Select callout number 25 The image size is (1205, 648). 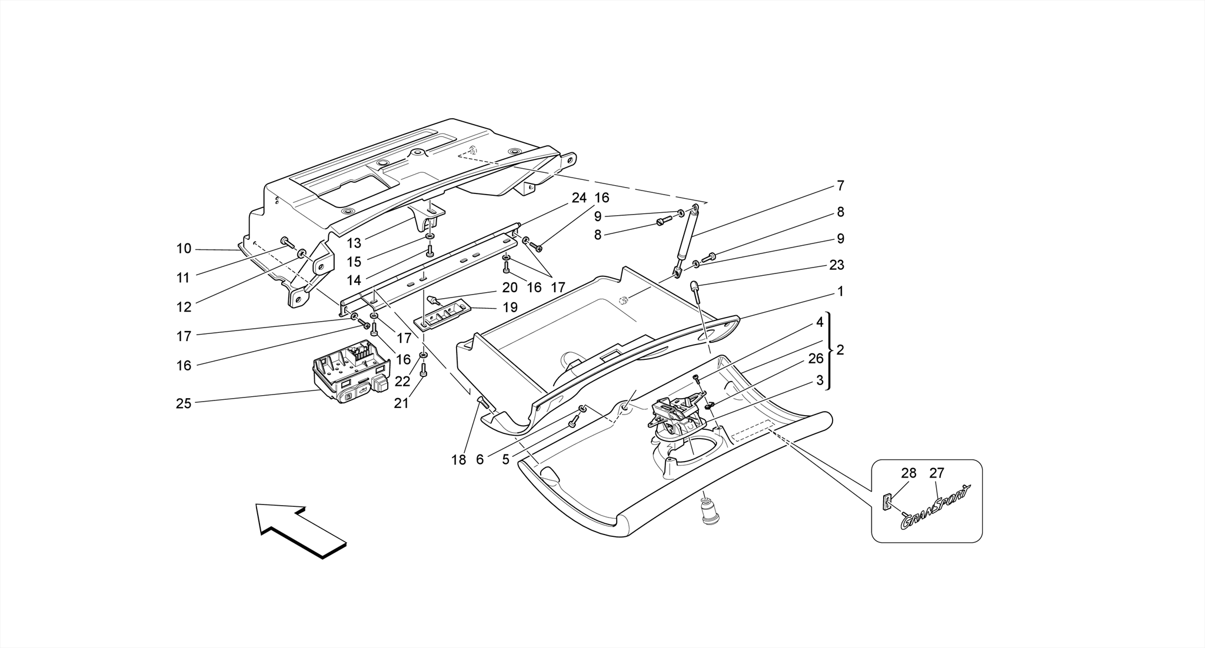(184, 403)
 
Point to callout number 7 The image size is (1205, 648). (840, 186)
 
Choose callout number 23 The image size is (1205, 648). (836, 265)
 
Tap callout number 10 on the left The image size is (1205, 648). (184, 249)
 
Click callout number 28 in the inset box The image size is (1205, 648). (908, 473)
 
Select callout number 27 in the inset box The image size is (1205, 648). (937, 473)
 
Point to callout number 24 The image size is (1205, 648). (580, 198)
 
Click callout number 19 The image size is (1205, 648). (510, 308)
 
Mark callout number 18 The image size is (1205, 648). (458, 460)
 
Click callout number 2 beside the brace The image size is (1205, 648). (840, 350)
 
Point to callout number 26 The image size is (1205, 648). (815, 358)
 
